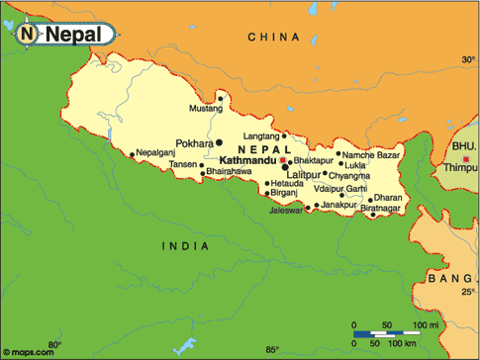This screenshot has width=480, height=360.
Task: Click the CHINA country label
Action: tap(273, 37)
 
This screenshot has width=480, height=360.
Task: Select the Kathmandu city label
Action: tap(246, 158)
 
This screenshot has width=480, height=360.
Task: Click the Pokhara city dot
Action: tap(220, 143)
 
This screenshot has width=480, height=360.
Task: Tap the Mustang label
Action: tap(205, 107)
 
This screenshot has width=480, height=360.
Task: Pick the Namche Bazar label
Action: tap(372, 153)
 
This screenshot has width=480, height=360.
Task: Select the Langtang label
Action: tap(261, 135)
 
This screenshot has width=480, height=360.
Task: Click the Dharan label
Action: tap(389, 197)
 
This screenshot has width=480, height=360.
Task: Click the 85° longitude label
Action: tap(272, 349)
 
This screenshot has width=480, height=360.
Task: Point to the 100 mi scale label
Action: tap(426, 324)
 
